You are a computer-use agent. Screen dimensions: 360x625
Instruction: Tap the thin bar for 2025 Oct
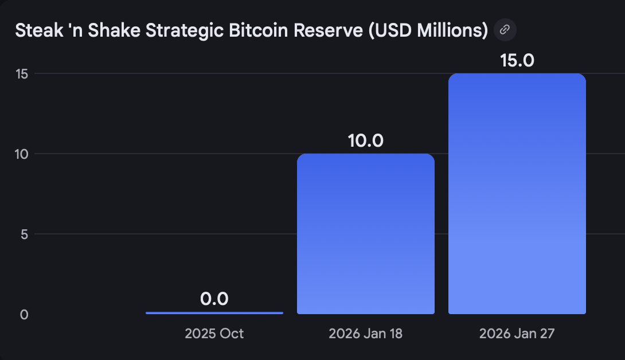click(x=214, y=313)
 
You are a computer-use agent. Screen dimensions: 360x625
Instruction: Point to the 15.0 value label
click(x=517, y=60)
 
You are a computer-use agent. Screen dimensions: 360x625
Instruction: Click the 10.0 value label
click(x=365, y=140)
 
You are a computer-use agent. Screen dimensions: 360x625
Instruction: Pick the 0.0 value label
click(x=214, y=299)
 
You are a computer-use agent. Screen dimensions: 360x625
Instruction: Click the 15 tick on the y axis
click(x=22, y=74)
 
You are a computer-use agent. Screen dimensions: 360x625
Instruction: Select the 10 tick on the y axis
click(x=22, y=154)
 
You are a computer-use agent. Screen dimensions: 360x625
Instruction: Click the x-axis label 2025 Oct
click(x=214, y=334)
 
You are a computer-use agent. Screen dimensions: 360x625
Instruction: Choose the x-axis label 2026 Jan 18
click(x=365, y=334)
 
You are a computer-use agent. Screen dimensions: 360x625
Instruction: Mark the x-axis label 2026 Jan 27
click(x=517, y=334)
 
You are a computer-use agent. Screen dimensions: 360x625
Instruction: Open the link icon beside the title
click(x=505, y=30)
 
